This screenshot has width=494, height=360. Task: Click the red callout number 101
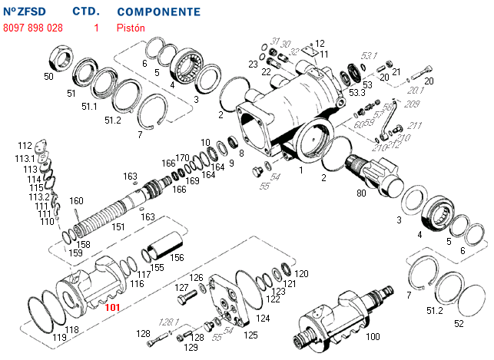[113, 307]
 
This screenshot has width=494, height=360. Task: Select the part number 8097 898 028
[33, 28]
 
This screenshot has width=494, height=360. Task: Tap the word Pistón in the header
[131, 28]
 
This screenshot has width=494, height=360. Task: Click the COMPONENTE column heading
[159, 12]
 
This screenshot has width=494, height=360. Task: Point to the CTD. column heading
[85, 12]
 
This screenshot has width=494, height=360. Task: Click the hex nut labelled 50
[61, 57]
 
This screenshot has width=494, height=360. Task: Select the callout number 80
[361, 193]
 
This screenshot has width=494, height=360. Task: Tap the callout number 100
[373, 337]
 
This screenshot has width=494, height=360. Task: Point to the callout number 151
[118, 226]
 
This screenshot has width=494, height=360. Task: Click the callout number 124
[263, 318]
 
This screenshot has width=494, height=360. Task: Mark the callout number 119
[58, 337]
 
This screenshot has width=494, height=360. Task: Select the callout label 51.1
[89, 106]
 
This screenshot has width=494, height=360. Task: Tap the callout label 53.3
[356, 92]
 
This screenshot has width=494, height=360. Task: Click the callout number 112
[25, 145]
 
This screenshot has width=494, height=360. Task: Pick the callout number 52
[459, 323]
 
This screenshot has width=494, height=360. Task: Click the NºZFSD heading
[25, 12]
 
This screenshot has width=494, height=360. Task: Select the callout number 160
[76, 201]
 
